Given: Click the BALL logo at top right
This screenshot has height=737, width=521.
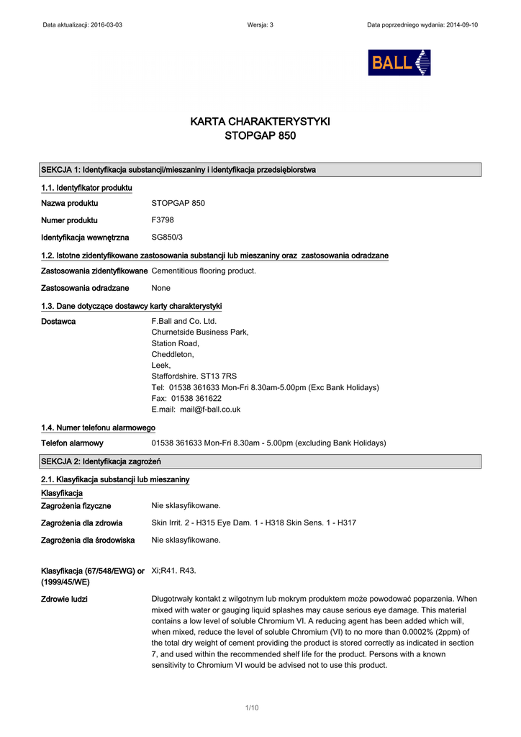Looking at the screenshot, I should (x=399, y=63).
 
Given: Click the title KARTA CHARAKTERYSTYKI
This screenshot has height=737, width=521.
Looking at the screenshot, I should (x=260, y=122).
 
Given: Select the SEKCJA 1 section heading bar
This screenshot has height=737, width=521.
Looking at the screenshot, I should (x=260, y=170).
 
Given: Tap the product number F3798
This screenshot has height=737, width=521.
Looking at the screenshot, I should (x=163, y=220).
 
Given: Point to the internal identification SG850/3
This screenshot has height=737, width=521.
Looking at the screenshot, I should (x=166, y=237).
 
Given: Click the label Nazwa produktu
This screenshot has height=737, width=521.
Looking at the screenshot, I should (x=70, y=203).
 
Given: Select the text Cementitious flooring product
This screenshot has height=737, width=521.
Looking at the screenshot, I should (x=204, y=271).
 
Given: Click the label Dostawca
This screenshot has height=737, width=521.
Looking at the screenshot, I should (x=58, y=321).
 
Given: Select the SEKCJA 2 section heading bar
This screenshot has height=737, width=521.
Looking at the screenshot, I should (x=260, y=461).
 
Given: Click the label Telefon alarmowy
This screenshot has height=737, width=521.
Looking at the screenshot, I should (x=72, y=443).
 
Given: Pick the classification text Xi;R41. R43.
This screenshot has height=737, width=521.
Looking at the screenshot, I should (x=173, y=571).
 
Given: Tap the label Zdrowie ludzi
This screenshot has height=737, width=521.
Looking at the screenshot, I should (x=65, y=599).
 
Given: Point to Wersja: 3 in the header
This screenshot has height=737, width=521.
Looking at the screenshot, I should (x=260, y=24).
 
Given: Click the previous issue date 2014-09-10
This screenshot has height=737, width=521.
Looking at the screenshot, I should (x=458, y=24).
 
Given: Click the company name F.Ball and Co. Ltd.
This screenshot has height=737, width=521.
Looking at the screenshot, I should (x=184, y=321).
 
